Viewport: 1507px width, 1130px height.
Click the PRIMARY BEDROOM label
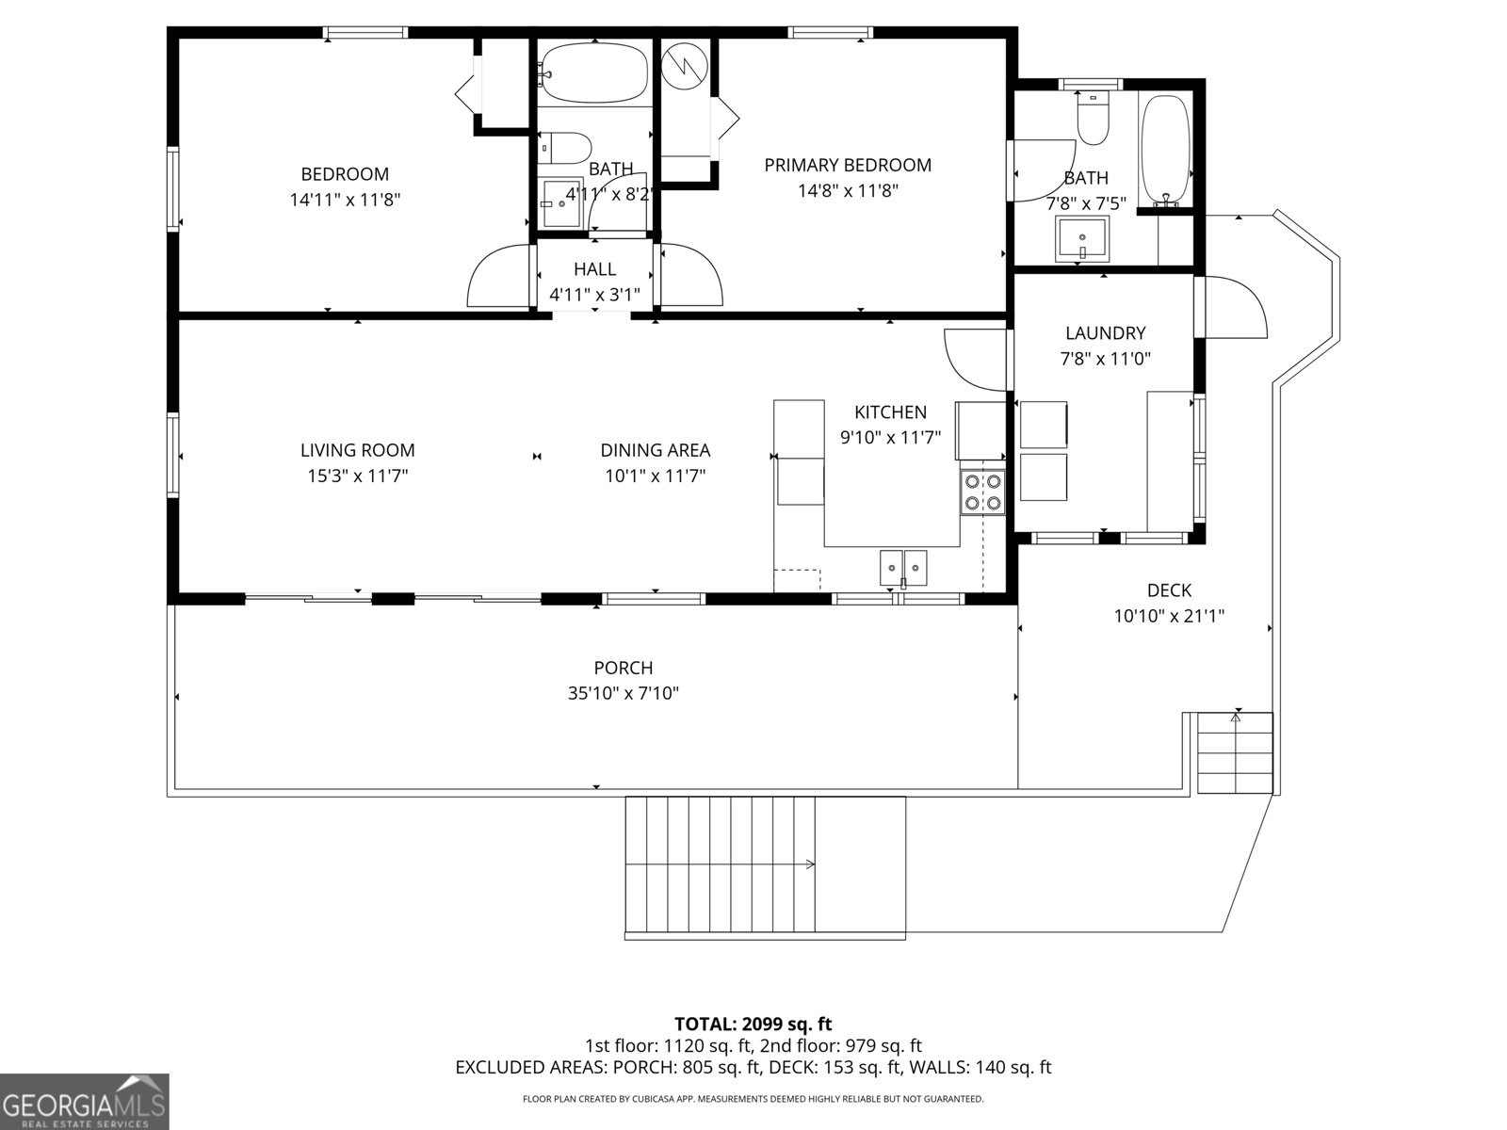(x=847, y=166)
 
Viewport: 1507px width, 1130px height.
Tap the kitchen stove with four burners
(x=981, y=492)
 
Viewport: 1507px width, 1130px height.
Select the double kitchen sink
(x=903, y=568)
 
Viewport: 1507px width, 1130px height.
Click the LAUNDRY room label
(x=1105, y=333)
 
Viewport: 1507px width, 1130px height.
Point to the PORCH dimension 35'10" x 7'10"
(x=623, y=694)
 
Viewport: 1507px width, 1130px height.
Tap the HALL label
(x=594, y=270)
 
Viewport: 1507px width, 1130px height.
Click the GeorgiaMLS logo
(x=84, y=1101)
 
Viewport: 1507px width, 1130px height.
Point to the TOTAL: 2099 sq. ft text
(x=753, y=1024)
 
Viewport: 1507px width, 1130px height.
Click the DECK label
(x=1169, y=591)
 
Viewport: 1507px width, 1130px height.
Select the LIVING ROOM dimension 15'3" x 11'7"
(x=357, y=476)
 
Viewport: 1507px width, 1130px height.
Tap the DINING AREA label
(x=655, y=451)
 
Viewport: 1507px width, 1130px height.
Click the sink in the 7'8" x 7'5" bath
(x=1082, y=237)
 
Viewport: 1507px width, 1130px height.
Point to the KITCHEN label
(x=890, y=412)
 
